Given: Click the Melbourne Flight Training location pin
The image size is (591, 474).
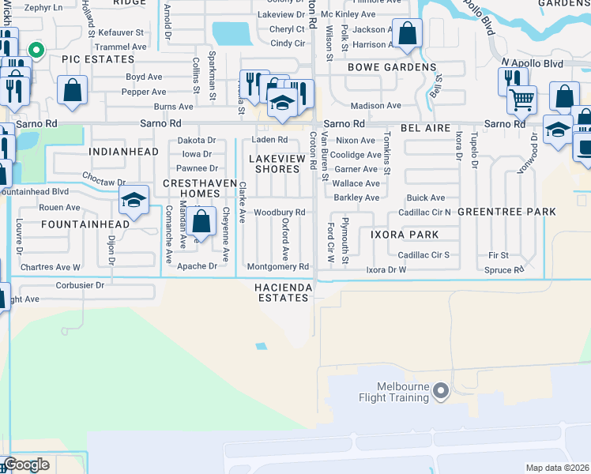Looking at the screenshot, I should pyautogui.click(x=441, y=391).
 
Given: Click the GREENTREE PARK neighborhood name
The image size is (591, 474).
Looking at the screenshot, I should pyautogui.click(x=506, y=212).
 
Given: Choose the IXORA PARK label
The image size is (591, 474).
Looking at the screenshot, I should pyautogui.click(x=405, y=235).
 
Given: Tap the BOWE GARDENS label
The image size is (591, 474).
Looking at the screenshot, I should pyautogui.click(x=392, y=68).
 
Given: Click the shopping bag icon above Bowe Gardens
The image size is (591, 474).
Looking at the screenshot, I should pyautogui.click(x=408, y=36).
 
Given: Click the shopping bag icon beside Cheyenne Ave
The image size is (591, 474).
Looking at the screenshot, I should pyautogui.click(x=202, y=223).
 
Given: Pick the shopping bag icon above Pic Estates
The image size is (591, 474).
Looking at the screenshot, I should pyautogui.click(x=73, y=92).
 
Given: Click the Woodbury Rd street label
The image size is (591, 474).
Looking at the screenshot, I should pyautogui.click(x=279, y=213).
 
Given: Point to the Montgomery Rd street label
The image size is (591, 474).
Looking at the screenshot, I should pyautogui.click(x=277, y=266).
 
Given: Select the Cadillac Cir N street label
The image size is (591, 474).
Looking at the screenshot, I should pyautogui.click(x=424, y=213).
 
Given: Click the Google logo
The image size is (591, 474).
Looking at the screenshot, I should pyautogui.click(x=26, y=465).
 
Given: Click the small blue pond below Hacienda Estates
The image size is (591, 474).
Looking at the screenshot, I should pyautogui.click(x=261, y=345).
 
